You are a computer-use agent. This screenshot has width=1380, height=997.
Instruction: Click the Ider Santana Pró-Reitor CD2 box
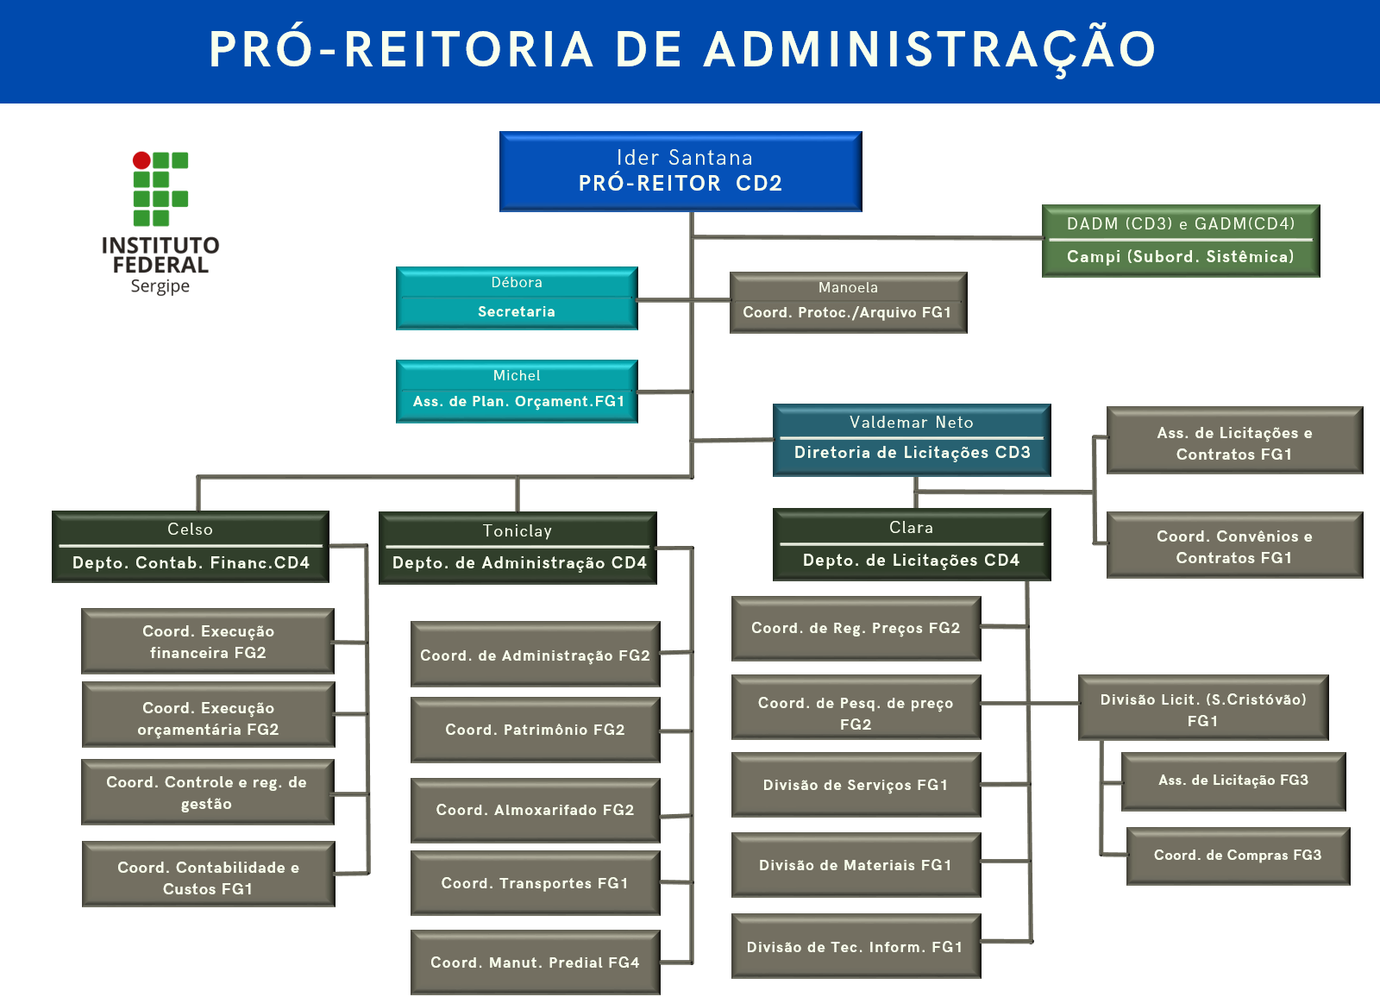pos(681,171)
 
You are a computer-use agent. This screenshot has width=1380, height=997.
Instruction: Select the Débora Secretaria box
pos(517,298)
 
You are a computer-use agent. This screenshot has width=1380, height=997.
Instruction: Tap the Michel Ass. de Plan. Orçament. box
pos(517,391)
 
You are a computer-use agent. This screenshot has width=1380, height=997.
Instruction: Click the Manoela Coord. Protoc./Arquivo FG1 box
pos(848,302)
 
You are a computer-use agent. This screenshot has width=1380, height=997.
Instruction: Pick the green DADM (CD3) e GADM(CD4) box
pos(1180,241)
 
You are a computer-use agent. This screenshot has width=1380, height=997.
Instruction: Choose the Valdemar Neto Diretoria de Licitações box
pos(912,440)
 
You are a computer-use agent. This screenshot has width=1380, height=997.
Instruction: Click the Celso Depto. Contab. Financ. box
pos(191,547)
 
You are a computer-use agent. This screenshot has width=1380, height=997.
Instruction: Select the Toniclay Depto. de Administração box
pos(517,549)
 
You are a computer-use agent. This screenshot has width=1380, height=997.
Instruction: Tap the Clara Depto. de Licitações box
pos(912,544)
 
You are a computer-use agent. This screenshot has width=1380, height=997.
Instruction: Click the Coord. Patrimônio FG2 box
pos(535,730)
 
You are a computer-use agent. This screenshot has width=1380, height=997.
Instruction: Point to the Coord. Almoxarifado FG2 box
pos(535,810)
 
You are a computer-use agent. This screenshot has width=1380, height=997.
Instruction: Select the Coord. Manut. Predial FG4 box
pos(535,963)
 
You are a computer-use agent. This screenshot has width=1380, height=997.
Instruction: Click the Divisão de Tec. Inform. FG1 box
pos(856,947)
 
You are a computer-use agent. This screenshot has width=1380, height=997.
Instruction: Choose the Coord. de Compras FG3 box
pos(1238,856)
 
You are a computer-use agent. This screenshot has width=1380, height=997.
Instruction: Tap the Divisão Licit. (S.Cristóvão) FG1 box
pos(1203,709)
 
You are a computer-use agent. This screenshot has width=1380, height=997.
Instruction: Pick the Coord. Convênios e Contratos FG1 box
pos(1234,546)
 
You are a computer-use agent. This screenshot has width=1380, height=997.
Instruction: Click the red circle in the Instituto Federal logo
pos(141,160)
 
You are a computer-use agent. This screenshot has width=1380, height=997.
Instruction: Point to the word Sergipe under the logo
pos(160,286)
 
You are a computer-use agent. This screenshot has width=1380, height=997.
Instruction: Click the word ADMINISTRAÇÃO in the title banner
pos(930,50)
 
